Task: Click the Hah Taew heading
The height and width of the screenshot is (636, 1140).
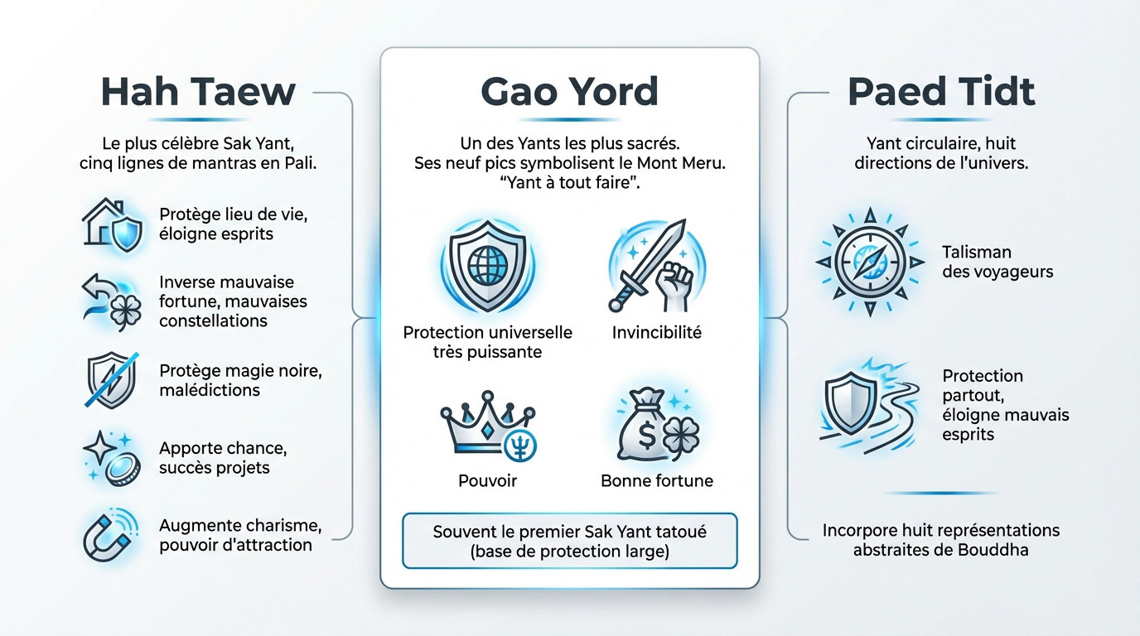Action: [197, 91]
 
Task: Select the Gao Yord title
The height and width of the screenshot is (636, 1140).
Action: [569, 92]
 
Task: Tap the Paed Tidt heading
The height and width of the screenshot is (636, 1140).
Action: [942, 91]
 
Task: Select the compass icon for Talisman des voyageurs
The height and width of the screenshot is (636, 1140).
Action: [870, 261]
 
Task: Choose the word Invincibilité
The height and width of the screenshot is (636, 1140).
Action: [657, 333]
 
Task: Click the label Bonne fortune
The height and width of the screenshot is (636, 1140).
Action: [657, 480]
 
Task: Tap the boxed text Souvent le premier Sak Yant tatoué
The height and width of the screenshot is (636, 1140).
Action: [569, 541]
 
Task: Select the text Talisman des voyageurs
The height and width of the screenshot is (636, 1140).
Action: [997, 261]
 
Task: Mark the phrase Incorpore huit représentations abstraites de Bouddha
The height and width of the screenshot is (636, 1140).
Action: [941, 539]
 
